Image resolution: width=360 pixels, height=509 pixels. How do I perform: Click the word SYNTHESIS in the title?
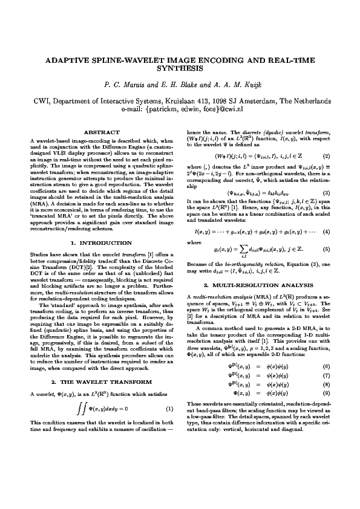(180, 69)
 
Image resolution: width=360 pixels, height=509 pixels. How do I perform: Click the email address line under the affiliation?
(180, 109)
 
